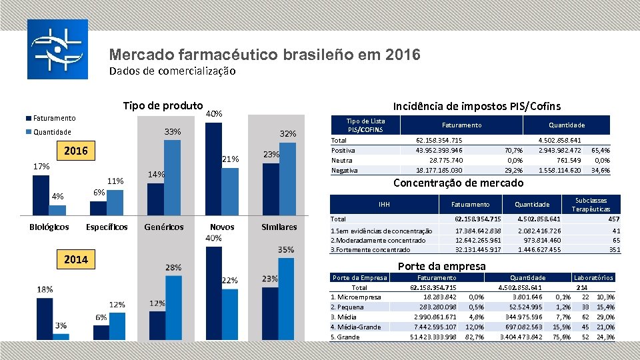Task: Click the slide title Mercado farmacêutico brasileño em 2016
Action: tap(265, 55)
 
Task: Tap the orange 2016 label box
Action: tap(75, 151)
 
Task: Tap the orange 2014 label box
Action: tap(75, 259)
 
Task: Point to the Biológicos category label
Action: tap(49, 227)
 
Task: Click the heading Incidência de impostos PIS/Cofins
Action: tap(477, 106)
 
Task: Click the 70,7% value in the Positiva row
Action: tap(513, 151)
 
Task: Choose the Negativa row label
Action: tap(345, 170)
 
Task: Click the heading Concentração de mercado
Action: tap(459, 183)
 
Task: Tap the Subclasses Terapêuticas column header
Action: tap(591, 204)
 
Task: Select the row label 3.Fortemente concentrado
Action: tap(371, 249)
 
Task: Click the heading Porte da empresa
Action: tap(441, 266)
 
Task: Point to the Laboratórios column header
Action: tap(594, 277)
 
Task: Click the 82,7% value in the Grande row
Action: tap(474, 337)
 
